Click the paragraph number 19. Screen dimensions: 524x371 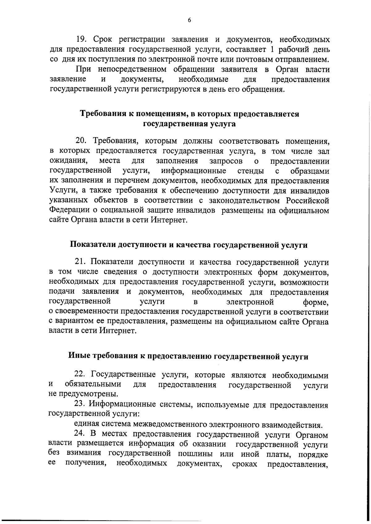81,40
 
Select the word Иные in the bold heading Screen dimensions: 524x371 78,356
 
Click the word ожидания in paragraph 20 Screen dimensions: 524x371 67,161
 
